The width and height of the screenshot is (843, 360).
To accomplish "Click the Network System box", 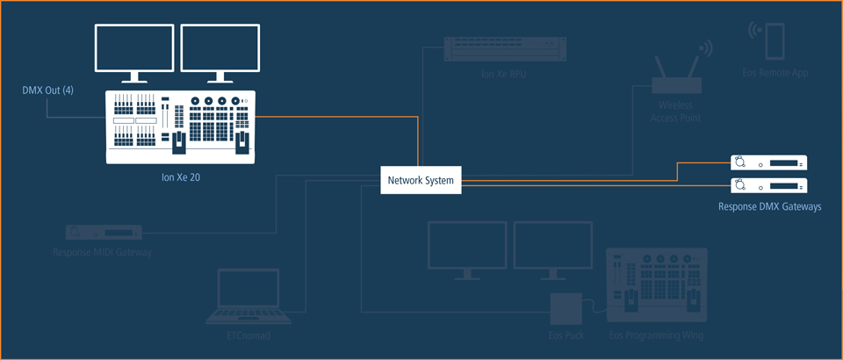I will click(421, 181).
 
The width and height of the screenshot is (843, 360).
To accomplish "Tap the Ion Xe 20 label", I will click(180, 177).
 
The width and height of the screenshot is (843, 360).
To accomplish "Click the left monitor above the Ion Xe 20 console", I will click(133, 51).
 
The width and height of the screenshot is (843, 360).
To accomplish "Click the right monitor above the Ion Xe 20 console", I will click(220, 51).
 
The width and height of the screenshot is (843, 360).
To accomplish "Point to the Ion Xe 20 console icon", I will click(180, 126).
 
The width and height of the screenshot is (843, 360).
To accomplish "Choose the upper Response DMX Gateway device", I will click(768, 162).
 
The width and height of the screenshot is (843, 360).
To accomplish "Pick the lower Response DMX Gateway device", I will click(768, 185).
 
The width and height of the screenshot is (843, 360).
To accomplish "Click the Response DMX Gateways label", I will click(769, 207).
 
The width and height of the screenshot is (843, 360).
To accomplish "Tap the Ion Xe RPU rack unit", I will click(495, 49).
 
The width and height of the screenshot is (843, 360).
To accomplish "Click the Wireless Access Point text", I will click(676, 112).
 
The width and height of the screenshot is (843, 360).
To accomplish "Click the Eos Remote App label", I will click(774, 73).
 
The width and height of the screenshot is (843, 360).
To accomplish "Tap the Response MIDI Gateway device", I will click(104, 233).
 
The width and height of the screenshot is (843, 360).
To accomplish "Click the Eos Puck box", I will click(566, 309).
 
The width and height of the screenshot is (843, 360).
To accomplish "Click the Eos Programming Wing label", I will click(656, 336).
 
